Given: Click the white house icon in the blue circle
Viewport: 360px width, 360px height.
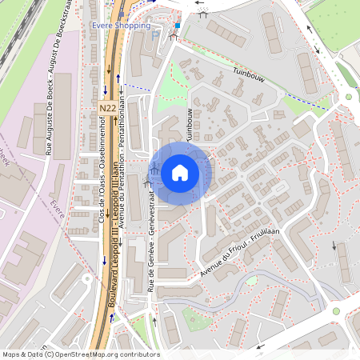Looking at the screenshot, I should [x=180, y=172].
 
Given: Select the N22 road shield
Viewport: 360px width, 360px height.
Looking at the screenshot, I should [x=107, y=107].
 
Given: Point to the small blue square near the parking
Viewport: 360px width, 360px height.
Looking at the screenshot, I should [x=178, y=25].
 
